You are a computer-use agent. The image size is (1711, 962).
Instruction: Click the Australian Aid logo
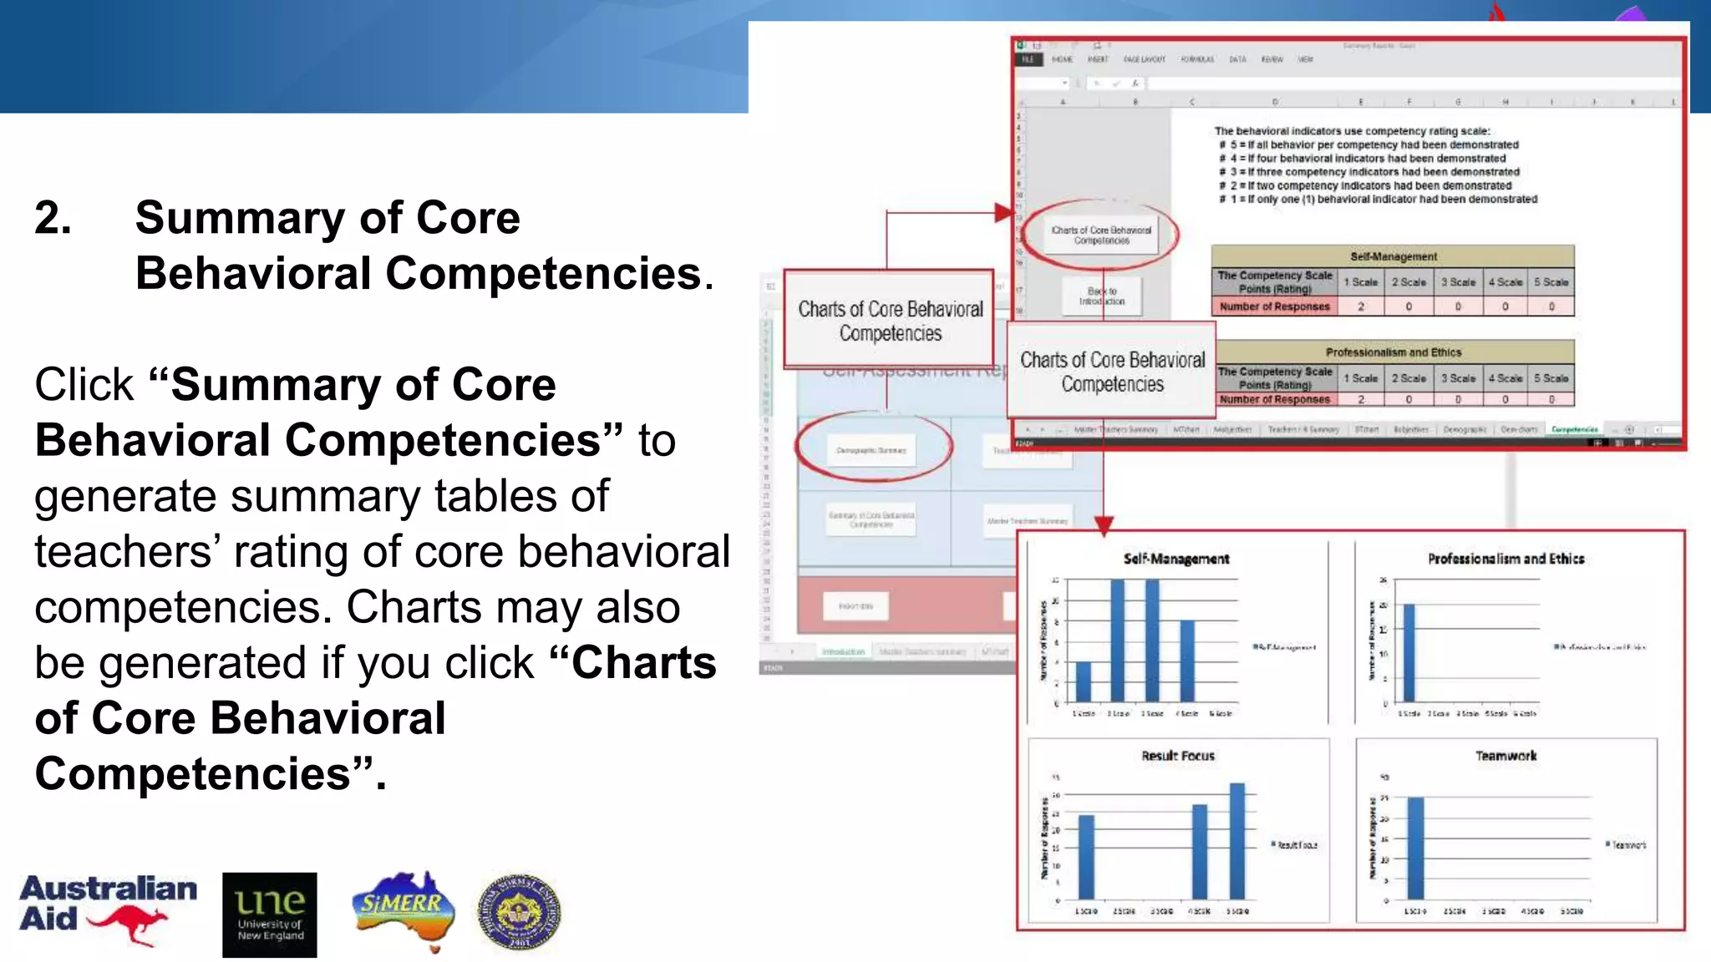click(107, 909)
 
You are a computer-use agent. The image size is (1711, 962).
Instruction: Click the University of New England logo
click(269, 914)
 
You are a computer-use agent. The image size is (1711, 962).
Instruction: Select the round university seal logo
click(519, 913)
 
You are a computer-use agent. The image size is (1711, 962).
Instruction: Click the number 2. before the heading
click(53, 219)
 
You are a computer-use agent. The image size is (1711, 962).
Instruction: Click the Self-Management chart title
click(1175, 559)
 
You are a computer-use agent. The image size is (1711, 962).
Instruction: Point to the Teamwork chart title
click(1505, 756)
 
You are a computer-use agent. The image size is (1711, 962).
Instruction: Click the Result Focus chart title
click(1178, 756)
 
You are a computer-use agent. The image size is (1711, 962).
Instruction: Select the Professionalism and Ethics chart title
click(1505, 559)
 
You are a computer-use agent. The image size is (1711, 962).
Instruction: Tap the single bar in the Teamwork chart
click(1416, 848)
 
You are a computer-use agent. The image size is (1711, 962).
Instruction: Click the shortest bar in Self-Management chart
click(1084, 681)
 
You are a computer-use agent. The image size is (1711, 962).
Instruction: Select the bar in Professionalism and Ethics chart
click(1409, 652)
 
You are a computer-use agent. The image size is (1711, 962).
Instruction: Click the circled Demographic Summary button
click(871, 450)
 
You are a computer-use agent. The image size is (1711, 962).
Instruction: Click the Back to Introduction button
click(1101, 296)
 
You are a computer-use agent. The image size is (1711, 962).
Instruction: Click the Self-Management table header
click(1393, 256)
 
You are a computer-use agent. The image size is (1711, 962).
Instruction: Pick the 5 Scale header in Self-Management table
click(1551, 282)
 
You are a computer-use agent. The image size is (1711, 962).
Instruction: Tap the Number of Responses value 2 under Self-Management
click(1361, 306)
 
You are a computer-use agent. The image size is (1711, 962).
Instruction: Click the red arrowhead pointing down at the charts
click(1104, 526)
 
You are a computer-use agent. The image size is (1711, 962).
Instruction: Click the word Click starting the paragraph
click(84, 386)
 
